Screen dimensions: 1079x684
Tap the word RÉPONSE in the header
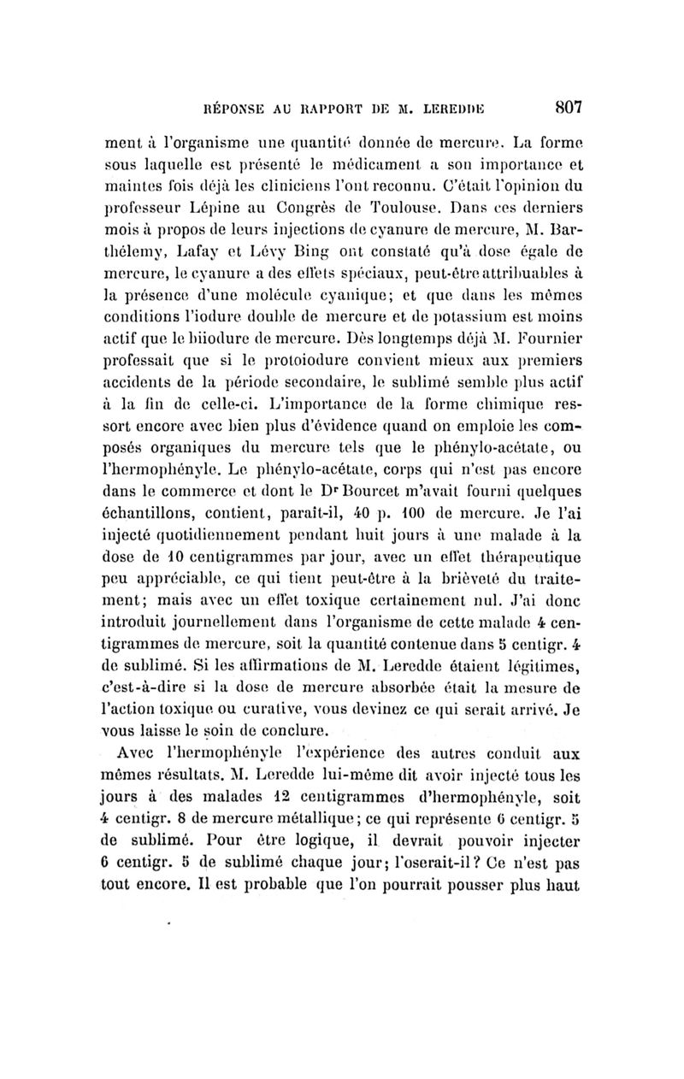(x=233, y=109)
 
